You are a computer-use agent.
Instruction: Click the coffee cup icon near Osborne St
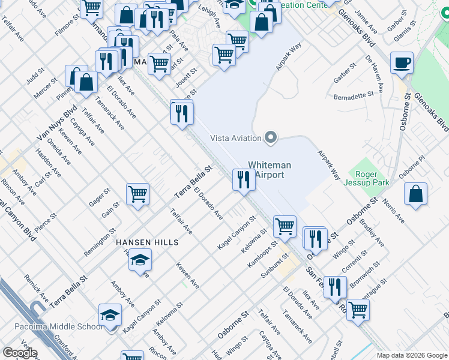[x=402, y=62]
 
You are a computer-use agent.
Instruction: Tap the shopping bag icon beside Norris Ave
[x=415, y=194]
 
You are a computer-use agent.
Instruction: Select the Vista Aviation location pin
[x=271, y=138]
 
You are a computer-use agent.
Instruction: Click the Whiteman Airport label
[x=270, y=170]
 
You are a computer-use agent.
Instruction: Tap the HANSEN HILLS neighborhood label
[x=148, y=242]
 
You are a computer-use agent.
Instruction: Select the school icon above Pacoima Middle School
[x=110, y=315]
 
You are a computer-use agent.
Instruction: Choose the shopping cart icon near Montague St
[x=358, y=310]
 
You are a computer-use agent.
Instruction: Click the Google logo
[x=20, y=353]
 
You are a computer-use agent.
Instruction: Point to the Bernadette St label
[x=354, y=96]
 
